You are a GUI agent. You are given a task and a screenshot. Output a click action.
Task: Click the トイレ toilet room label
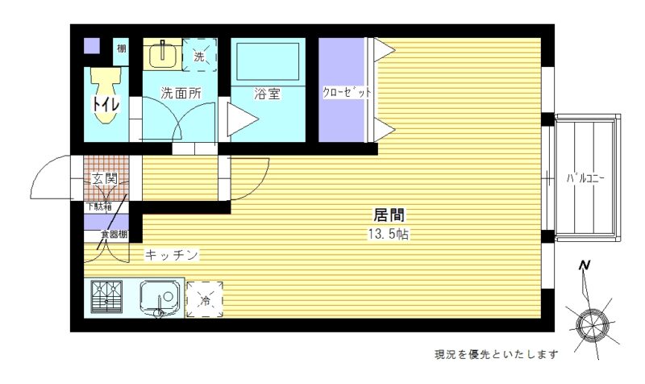[x=102, y=104]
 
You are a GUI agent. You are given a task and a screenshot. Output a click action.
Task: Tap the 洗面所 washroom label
[x=181, y=94]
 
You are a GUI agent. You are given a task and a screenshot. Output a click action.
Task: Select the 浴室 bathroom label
[x=267, y=94]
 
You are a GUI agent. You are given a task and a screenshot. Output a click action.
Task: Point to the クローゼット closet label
[x=347, y=92]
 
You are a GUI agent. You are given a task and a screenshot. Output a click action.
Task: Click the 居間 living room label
[x=389, y=215]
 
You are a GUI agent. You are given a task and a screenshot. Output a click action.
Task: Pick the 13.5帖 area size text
[x=389, y=234]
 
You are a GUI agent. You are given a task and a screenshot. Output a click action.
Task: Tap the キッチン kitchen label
[x=172, y=255]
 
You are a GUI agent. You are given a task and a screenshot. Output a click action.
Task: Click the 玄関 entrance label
[x=105, y=179]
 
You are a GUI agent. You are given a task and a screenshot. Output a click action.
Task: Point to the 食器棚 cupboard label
[x=114, y=235]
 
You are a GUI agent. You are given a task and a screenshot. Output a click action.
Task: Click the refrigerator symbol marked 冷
[x=205, y=299]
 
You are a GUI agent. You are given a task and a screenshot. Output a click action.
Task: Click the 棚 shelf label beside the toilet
[x=121, y=48]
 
